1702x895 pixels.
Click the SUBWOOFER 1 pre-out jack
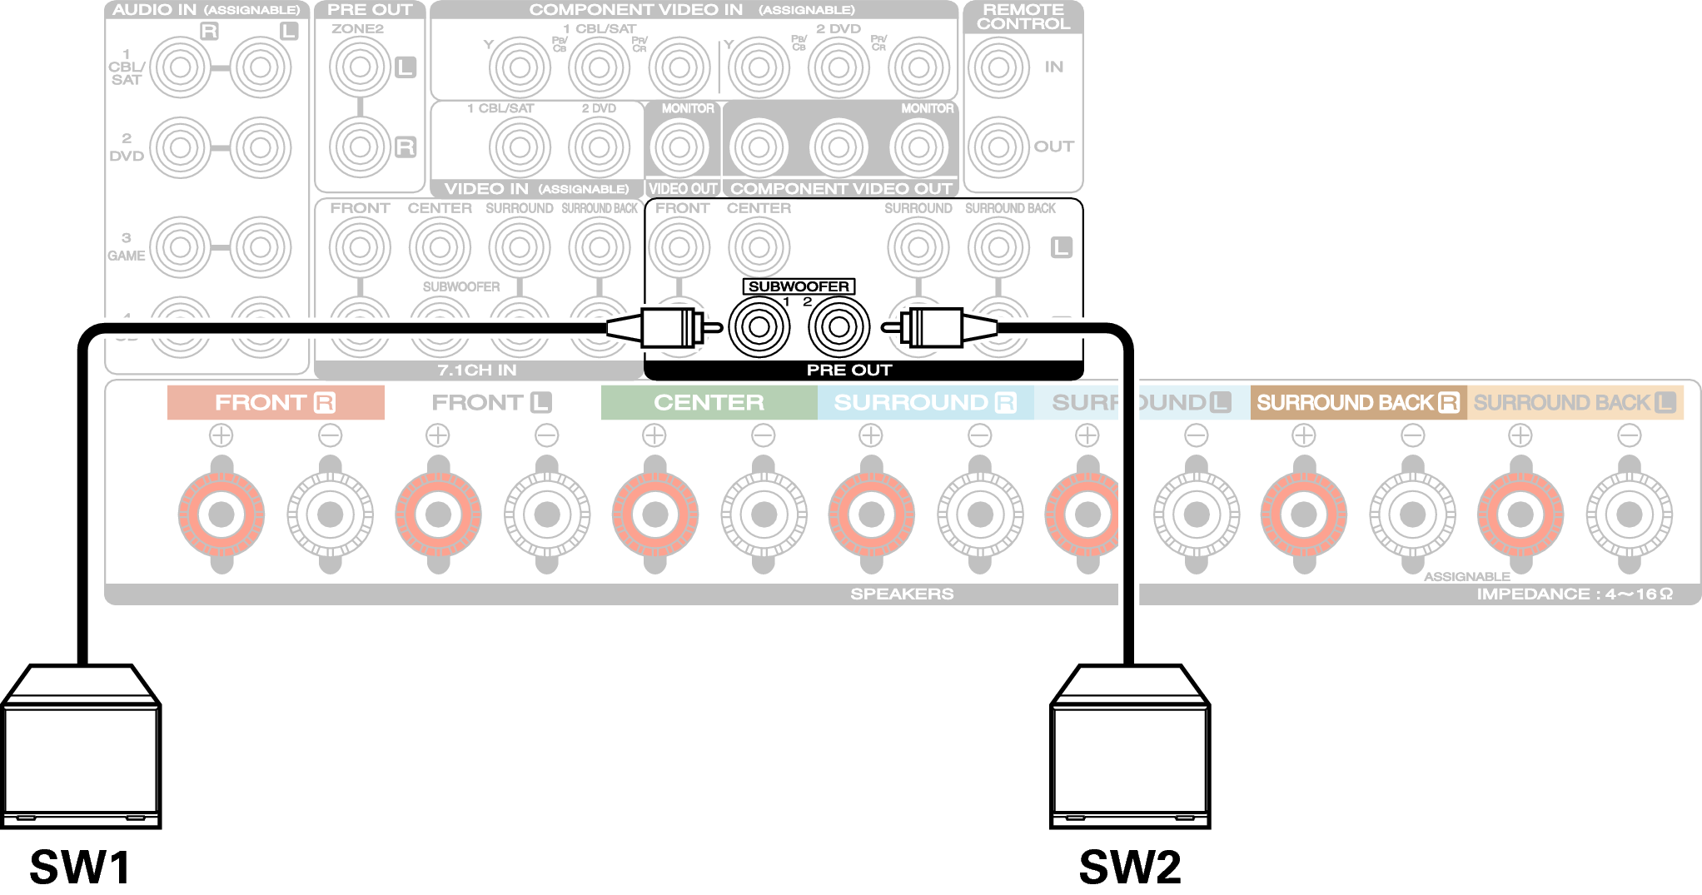click(x=759, y=326)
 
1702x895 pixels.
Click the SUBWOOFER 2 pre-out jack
click(x=839, y=326)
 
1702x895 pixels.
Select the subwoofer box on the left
click(x=81, y=747)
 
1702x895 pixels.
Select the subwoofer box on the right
click(x=1130, y=747)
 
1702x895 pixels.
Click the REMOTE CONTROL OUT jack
click(x=998, y=147)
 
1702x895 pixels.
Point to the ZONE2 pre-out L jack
click(x=360, y=67)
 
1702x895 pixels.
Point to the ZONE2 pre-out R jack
click(x=360, y=147)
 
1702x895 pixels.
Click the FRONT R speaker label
click(x=275, y=403)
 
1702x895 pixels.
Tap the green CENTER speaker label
click(x=709, y=403)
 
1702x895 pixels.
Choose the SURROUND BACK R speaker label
click(x=1357, y=403)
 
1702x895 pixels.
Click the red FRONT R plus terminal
click(x=221, y=515)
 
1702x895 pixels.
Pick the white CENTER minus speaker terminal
click(x=764, y=515)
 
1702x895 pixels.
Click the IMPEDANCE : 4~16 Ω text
click(x=1574, y=594)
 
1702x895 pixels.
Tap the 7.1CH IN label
click(x=477, y=370)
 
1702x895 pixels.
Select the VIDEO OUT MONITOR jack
click(x=679, y=147)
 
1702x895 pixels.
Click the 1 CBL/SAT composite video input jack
click(x=520, y=147)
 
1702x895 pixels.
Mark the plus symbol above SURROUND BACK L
click(x=1520, y=435)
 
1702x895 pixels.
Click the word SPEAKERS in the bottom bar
click(x=902, y=594)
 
